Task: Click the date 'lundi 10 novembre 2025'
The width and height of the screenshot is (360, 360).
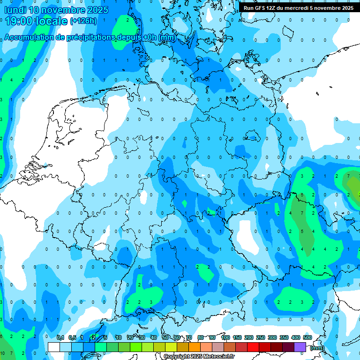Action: (x=56, y=10)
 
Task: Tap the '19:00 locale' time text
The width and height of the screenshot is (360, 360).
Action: (x=36, y=21)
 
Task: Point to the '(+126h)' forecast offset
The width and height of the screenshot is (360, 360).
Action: (x=83, y=21)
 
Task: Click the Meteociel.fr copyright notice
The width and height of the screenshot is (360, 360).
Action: (x=199, y=357)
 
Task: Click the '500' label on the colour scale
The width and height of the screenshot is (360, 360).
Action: (x=307, y=337)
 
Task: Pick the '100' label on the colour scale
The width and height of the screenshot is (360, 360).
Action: (x=225, y=337)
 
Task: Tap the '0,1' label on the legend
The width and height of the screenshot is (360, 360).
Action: (x=60, y=337)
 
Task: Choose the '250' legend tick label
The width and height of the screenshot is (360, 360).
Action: (x=261, y=337)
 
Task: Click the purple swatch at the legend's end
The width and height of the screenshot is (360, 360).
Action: (x=300, y=347)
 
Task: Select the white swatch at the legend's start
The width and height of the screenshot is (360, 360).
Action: (x=54, y=347)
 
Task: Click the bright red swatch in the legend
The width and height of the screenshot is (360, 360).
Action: (x=253, y=347)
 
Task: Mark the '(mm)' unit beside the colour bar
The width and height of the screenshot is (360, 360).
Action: (x=317, y=348)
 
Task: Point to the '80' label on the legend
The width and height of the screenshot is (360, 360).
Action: (x=201, y=337)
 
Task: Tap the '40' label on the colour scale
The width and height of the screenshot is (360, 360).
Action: (x=154, y=337)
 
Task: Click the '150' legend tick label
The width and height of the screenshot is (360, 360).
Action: (x=237, y=337)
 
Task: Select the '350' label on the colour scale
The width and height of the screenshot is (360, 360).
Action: (x=284, y=337)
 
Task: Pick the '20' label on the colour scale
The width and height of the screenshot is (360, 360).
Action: (x=130, y=337)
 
